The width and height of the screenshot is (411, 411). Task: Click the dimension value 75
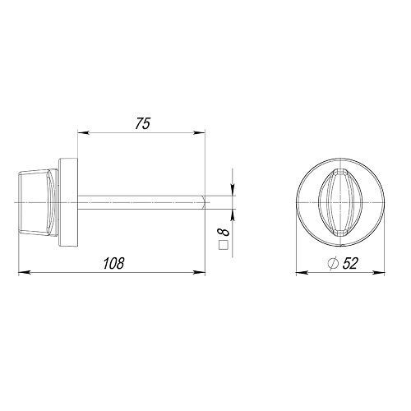click(x=142, y=123)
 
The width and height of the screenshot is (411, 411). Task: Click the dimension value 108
click(x=113, y=264)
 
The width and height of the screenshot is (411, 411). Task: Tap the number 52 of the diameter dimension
click(x=350, y=264)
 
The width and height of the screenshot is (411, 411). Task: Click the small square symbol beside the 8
click(x=224, y=245)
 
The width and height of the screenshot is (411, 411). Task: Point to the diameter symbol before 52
click(x=333, y=264)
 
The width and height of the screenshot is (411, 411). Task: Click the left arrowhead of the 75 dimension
click(x=84, y=133)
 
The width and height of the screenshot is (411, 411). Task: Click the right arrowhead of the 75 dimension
click(x=200, y=133)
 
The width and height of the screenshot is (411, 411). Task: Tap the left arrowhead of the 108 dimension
click(x=24, y=272)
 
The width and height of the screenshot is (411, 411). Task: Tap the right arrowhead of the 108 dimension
click(x=200, y=272)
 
